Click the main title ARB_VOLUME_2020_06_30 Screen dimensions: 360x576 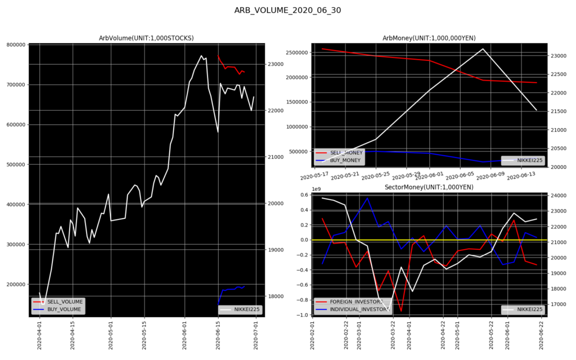287,10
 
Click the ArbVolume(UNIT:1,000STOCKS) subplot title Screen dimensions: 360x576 146,38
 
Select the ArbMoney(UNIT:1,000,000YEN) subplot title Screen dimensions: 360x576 429,38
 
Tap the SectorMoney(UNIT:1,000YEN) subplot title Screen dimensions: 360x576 429,187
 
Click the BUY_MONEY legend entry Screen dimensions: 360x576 345,160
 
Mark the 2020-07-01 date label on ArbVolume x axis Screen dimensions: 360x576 256,334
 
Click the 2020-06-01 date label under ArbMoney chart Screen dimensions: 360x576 429,176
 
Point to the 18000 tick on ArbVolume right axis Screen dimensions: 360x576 276,296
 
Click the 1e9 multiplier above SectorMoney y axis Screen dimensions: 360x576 315,190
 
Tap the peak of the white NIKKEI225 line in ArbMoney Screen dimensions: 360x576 483,49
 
